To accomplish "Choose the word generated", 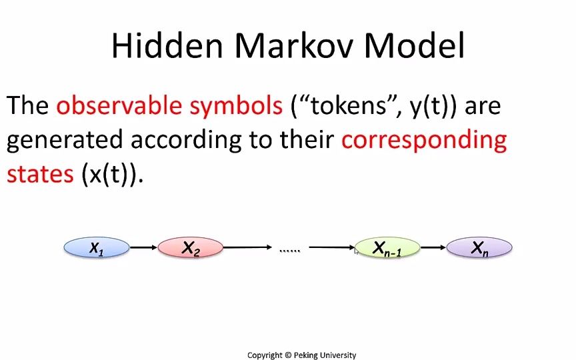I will (x=65, y=140).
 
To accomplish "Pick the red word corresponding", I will (x=423, y=140).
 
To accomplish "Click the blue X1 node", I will (x=97, y=248).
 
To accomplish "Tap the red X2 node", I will (x=191, y=248).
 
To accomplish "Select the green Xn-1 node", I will (x=387, y=248).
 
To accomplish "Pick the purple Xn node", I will (x=479, y=248).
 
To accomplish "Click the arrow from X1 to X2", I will (x=143, y=248).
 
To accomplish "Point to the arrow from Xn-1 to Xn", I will (x=433, y=248).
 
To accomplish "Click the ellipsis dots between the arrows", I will (x=289, y=250).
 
